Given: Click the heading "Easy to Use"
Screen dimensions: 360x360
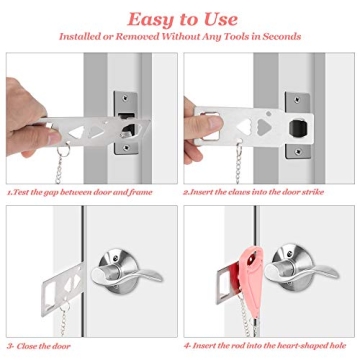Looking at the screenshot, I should pos(180,17).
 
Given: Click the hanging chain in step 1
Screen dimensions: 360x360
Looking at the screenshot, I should pos(67,160).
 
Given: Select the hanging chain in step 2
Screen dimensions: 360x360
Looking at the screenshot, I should pos(240,160).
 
